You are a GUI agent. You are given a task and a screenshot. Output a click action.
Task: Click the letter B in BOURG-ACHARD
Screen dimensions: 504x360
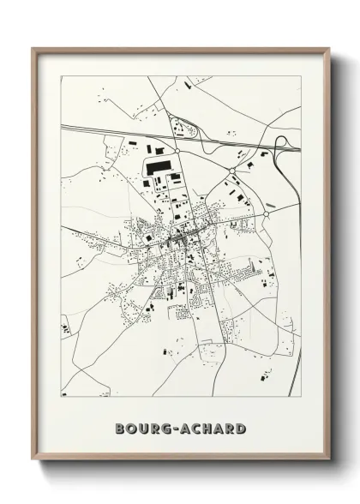[x=118, y=429]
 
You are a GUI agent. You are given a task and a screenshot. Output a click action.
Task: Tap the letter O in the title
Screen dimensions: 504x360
[x=131, y=429]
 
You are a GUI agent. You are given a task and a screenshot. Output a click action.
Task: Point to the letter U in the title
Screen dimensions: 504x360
[x=145, y=429]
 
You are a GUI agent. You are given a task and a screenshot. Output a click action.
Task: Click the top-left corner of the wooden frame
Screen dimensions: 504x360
[x=34, y=49]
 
